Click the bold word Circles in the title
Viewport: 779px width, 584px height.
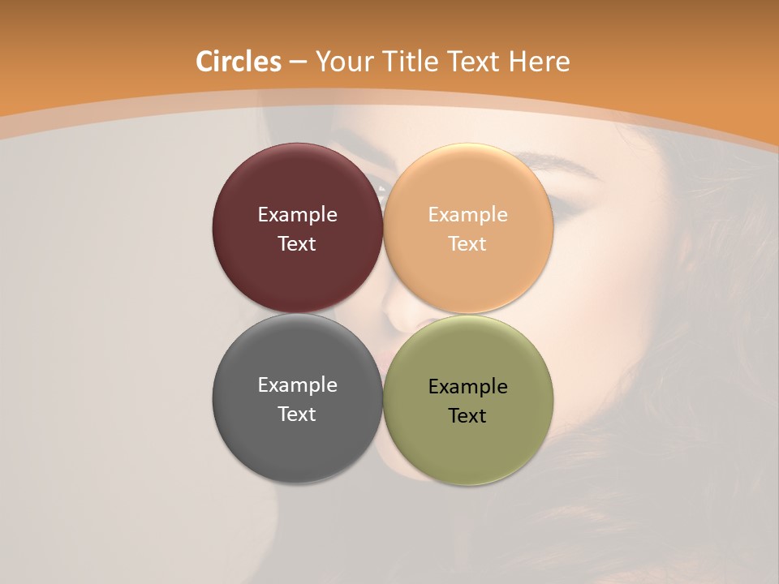point(239,62)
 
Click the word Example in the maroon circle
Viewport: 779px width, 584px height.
point(297,215)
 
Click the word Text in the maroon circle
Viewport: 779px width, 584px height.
point(297,243)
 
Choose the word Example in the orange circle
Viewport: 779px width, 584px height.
point(468,215)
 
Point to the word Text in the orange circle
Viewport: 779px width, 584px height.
point(468,243)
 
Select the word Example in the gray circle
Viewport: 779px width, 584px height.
point(297,385)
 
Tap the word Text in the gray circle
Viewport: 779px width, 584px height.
point(297,414)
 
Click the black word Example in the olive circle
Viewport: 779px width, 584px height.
point(468,387)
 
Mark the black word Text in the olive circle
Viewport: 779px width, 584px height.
point(468,415)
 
